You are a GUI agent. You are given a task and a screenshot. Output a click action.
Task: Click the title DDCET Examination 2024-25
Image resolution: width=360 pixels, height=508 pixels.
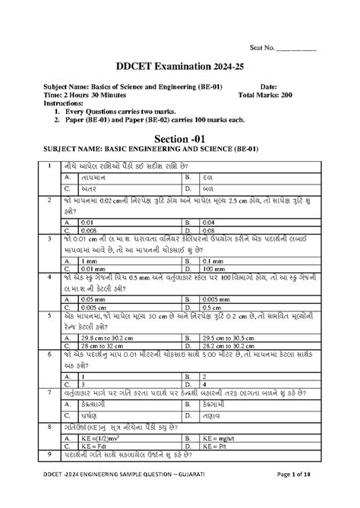coord(179,67)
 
